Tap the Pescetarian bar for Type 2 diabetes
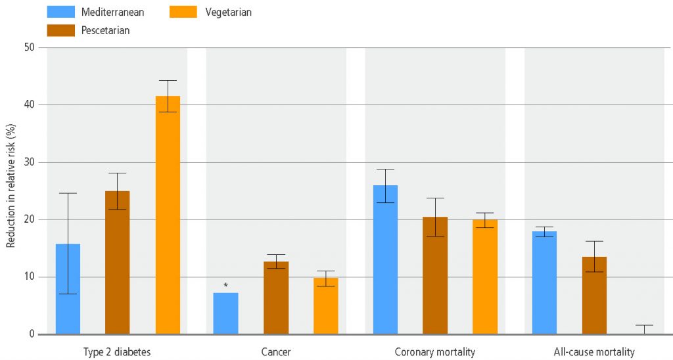coord(117,263)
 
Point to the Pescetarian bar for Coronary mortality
coord(435,275)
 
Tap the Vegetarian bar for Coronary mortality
coord(485,277)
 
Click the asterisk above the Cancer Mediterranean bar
coord(225,286)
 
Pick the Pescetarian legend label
coord(106,30)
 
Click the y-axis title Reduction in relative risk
coord(11,191)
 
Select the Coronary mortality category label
coord(434,352)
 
